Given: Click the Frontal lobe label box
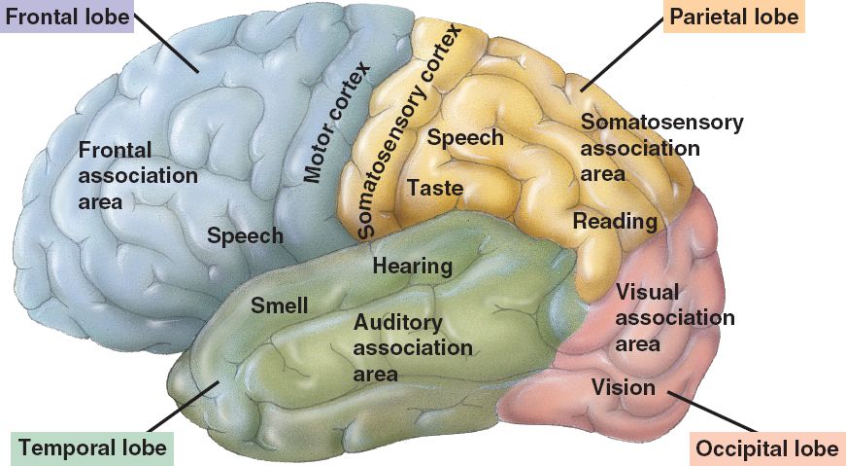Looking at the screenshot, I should [66, 18].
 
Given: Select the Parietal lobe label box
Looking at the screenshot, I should [733, 18].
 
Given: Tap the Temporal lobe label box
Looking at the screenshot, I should [93, 448].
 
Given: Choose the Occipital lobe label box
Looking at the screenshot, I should [766, 448].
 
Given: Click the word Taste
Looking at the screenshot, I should [434, 187].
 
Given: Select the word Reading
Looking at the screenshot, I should [615, 221].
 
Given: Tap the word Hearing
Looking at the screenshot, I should [413, 266].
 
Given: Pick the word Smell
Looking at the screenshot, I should [280, 305].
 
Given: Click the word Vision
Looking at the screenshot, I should [624, 387].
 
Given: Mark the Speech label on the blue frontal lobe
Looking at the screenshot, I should [245, 235].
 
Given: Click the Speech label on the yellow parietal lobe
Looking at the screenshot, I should [465, 137].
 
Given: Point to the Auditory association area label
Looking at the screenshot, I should [413, 347].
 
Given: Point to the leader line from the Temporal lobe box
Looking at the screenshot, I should [180, 409].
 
